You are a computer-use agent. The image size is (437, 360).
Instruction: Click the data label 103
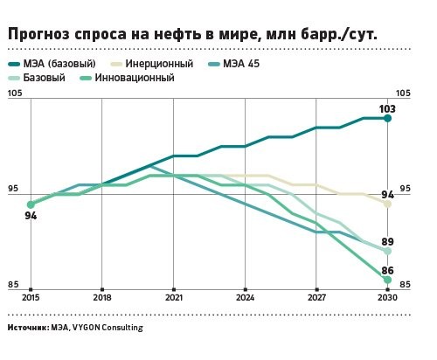(387, 109)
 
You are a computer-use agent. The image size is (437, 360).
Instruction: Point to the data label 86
(387, 271)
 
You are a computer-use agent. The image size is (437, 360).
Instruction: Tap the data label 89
(387, 242)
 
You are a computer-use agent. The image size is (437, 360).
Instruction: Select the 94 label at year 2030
(387, 194)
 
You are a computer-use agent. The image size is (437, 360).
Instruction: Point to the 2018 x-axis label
(102, 299)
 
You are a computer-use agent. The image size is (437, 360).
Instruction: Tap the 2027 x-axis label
(316, 299)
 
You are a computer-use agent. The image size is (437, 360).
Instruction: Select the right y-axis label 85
(404, 284)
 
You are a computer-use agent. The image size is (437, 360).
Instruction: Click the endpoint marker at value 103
(387, 118)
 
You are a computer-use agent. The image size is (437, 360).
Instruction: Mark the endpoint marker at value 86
(387, 280)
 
